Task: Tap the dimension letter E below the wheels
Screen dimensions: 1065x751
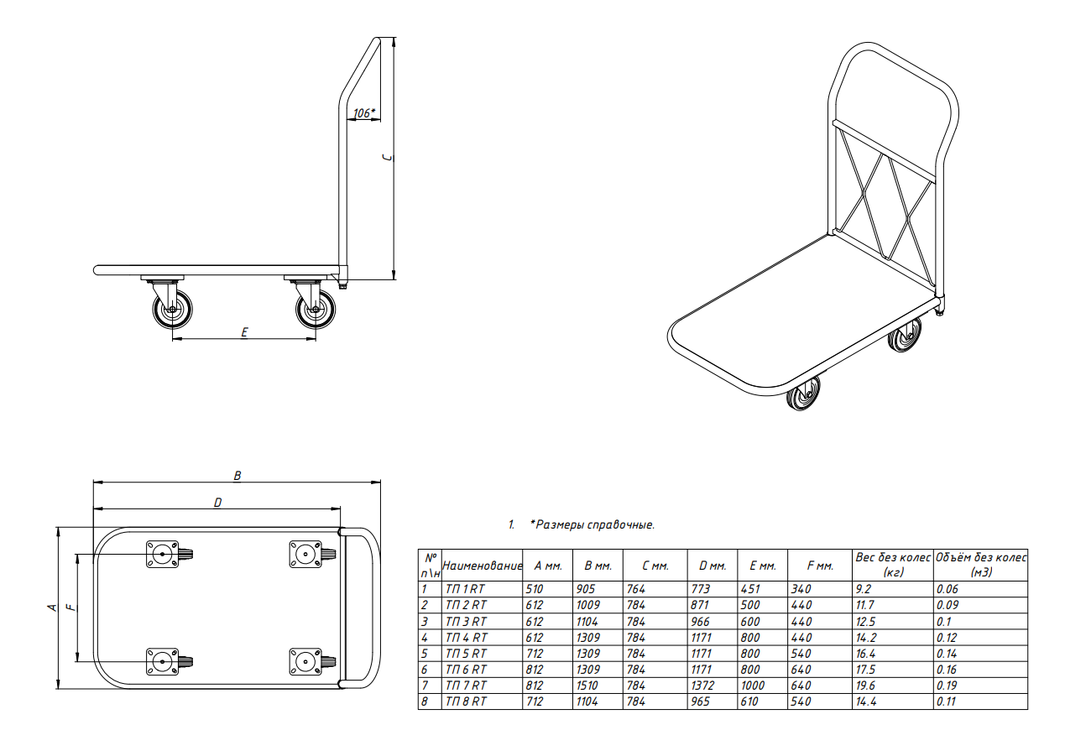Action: point(244,331)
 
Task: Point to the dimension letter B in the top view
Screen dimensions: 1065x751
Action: point(238,475)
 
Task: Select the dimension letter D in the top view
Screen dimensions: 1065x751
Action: point(217,503)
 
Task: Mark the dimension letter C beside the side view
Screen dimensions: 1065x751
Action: point(389,157)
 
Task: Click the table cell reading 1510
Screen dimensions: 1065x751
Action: point(588,686)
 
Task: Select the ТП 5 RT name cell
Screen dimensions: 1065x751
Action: point(466,654)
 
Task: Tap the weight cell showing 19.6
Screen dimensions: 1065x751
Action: point(866,686)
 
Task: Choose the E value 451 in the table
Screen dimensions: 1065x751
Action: point(750,589)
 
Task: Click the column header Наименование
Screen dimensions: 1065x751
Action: point(482,566)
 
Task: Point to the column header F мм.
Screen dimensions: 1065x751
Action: point(820,566)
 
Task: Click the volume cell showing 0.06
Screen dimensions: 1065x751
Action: point(948,589)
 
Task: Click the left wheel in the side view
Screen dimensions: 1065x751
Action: point(173,310)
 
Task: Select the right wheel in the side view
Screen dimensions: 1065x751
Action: point(316,310)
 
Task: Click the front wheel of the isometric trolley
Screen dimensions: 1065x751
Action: point(803,392)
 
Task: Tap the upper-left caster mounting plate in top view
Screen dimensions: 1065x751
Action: point(162,554)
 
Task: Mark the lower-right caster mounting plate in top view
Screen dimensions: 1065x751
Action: point(305,661)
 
